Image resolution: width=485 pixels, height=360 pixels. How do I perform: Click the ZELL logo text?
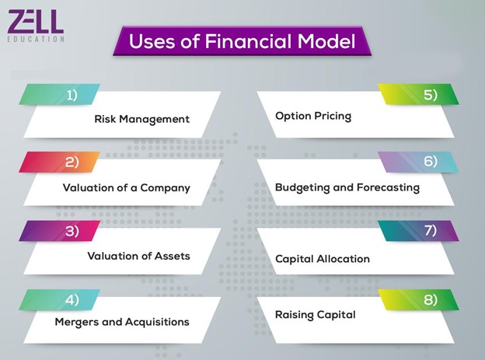click(36, 21)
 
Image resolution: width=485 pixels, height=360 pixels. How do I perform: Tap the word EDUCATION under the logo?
click(36, 39)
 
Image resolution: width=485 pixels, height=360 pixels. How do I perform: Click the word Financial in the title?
click(249, 41)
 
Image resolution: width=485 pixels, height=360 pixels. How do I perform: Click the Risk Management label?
click(142, 119)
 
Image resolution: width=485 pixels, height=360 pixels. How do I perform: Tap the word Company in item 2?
click(166, 188)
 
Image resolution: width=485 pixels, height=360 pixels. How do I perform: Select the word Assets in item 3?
click(173, 256)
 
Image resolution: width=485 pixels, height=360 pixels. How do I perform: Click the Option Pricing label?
click(313, 117)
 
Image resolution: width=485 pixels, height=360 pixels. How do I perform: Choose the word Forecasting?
click(388, 187)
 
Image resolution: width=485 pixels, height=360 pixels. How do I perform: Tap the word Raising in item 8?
click(294, 315)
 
